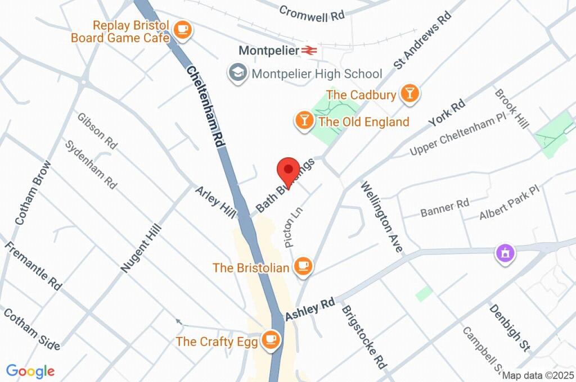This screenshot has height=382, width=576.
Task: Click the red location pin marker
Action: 288,170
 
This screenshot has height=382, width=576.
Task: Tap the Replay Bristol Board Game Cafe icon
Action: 182,30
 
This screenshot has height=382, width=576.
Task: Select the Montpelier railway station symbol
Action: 309,51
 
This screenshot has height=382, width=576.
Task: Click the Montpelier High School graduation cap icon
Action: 238,73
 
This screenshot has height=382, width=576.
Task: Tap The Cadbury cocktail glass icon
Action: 409,94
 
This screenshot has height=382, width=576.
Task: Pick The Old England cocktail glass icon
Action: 304,121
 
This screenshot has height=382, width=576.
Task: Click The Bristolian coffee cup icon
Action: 304,267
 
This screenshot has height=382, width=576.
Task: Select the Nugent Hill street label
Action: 141,248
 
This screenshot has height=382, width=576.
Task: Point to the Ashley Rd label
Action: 309,310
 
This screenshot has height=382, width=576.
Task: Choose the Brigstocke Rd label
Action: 364,337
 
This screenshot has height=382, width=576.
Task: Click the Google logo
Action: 30,371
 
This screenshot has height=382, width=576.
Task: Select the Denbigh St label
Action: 510,328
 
